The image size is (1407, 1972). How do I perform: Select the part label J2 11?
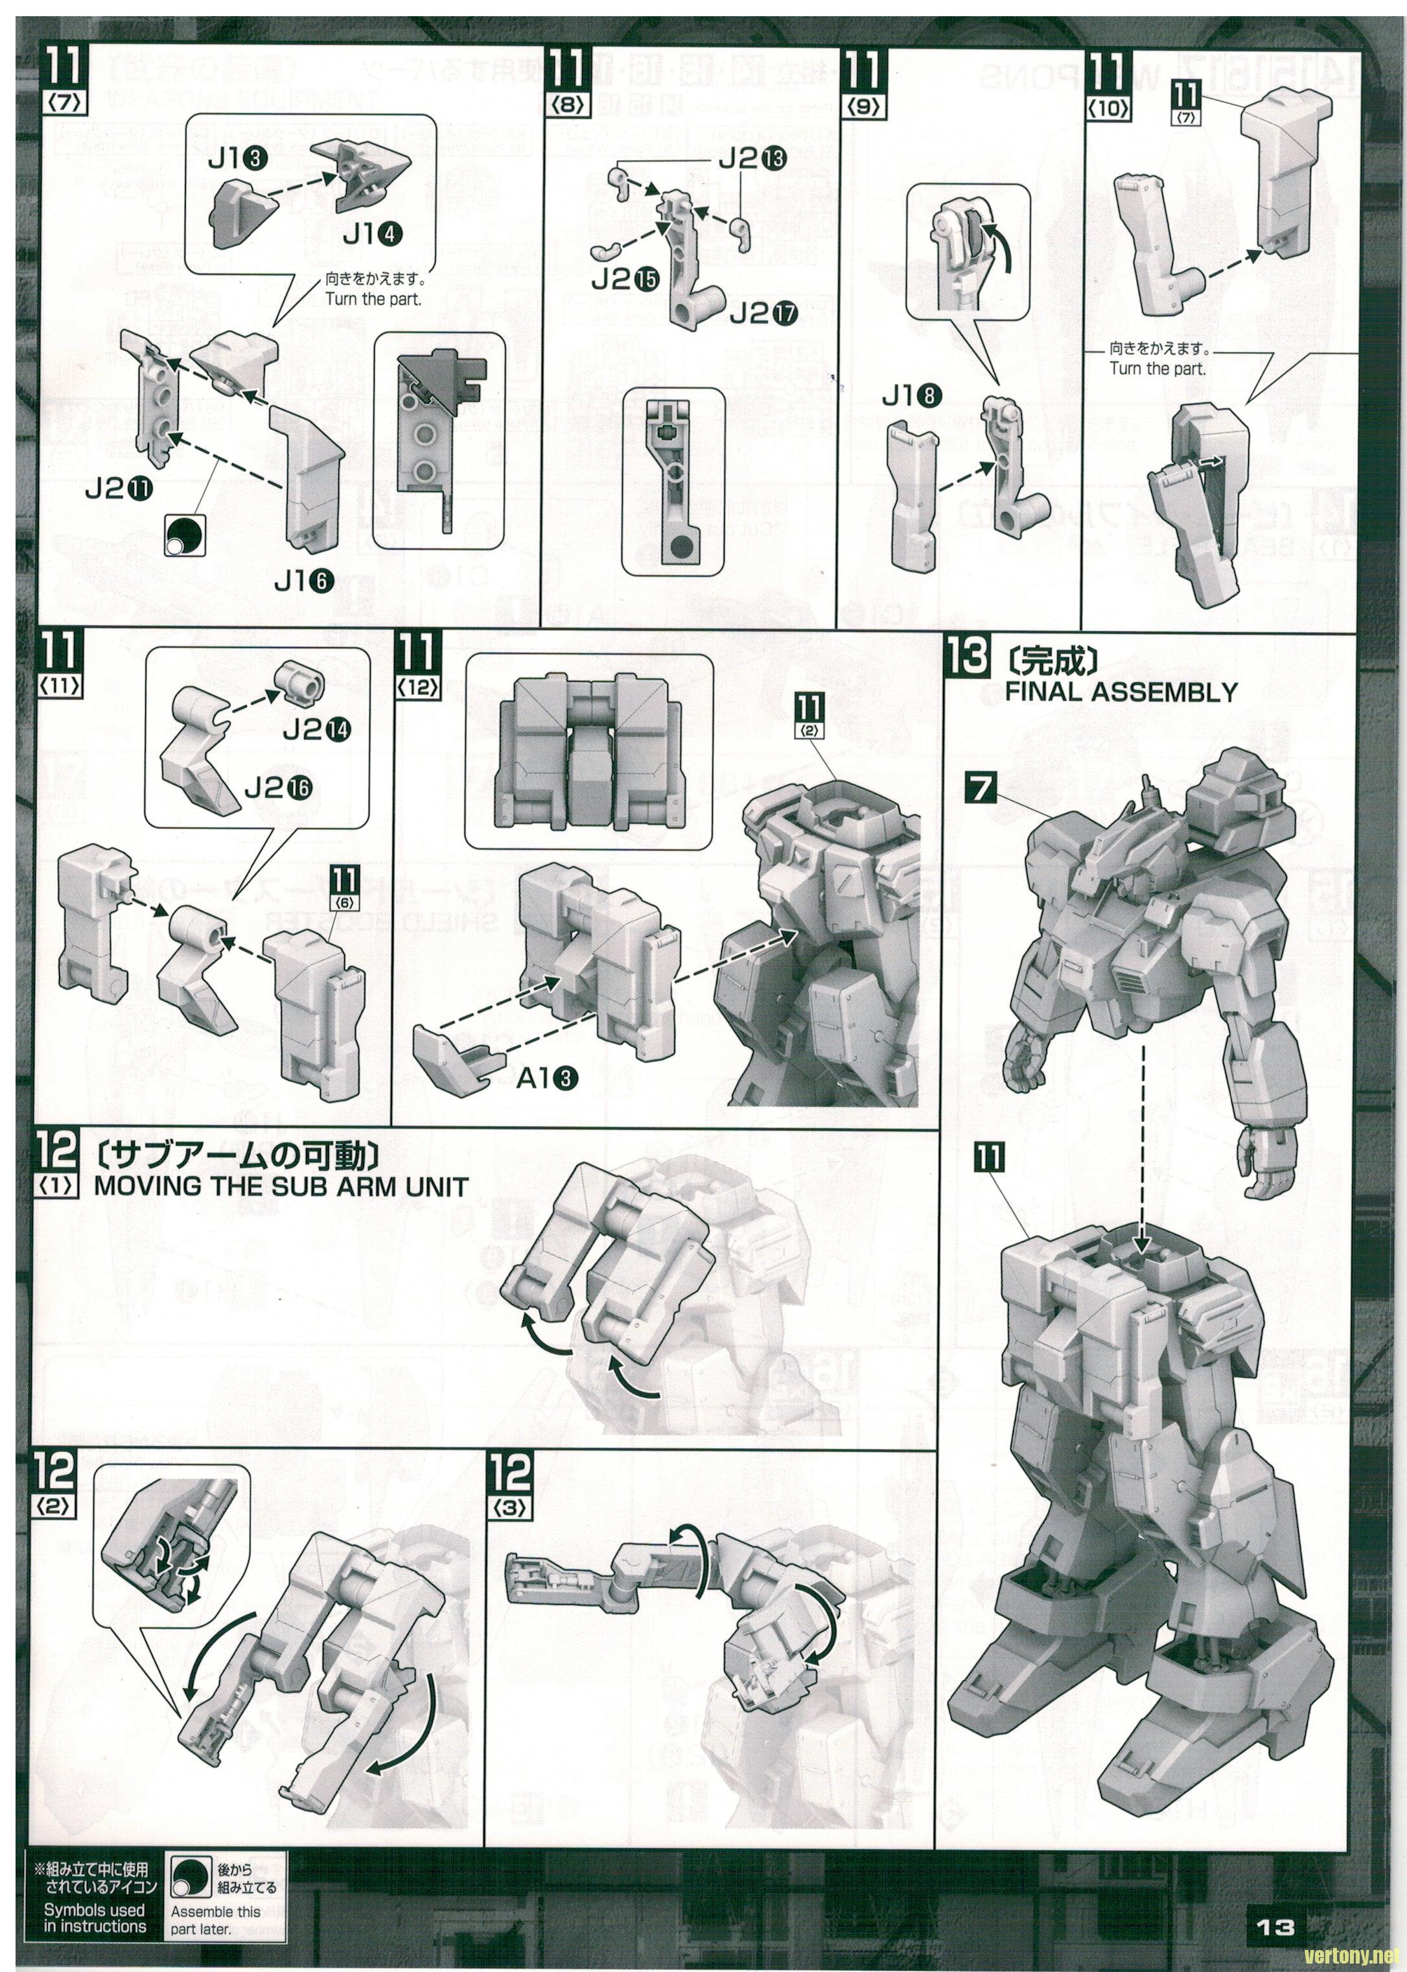pyautogui.click(x=119, y=490)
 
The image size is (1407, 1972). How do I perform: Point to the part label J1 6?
pyautogui.click(x=304, y=581)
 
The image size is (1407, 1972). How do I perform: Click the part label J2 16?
pyautogui.click(x=278, y=787)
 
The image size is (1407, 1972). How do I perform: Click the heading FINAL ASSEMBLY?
pyautogui.click(x=1121, y=692)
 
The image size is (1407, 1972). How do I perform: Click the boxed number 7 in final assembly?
pyautogui.click(x=979, y=788)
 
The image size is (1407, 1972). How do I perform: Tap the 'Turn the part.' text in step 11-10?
pyautogui.click(x=1157, y=368)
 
